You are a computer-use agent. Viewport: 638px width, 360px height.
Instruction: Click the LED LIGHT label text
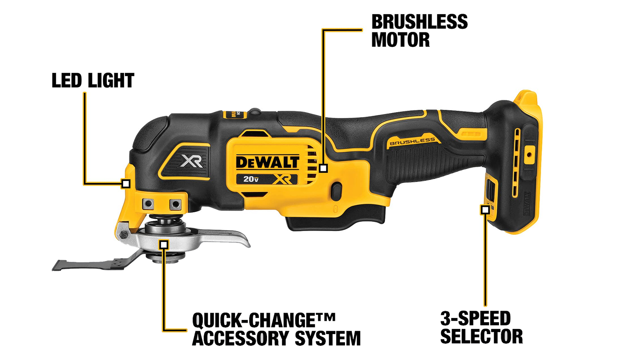(93, 81)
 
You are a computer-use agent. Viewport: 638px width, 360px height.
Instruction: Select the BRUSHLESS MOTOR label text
(419, 31)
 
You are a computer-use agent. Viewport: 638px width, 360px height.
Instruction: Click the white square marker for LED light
(126, 184)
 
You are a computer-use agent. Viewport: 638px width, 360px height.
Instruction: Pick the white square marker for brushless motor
(323, 168)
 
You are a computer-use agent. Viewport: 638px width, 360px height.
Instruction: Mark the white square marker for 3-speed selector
(485, 210)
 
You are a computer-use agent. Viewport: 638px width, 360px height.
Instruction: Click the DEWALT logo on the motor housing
(268, 162)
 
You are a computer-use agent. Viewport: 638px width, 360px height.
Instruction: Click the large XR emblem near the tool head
(192, 161)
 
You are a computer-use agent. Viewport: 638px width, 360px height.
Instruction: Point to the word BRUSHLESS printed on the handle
(412, 142)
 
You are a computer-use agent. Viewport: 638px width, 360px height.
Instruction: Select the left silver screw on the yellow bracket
(147, 203)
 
